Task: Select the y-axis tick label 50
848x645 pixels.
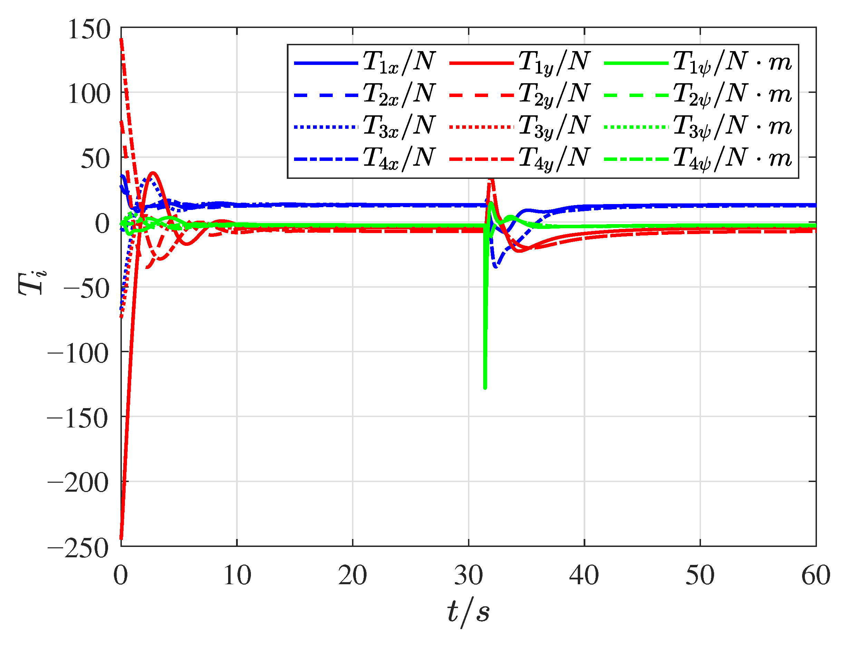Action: tap(96, 159)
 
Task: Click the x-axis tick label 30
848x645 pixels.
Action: tap(468, 576)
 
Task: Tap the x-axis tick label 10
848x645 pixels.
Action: tap(237, 576)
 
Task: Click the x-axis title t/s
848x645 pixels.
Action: tap(468, 612)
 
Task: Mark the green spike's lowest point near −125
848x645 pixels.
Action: tap(485, 388)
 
